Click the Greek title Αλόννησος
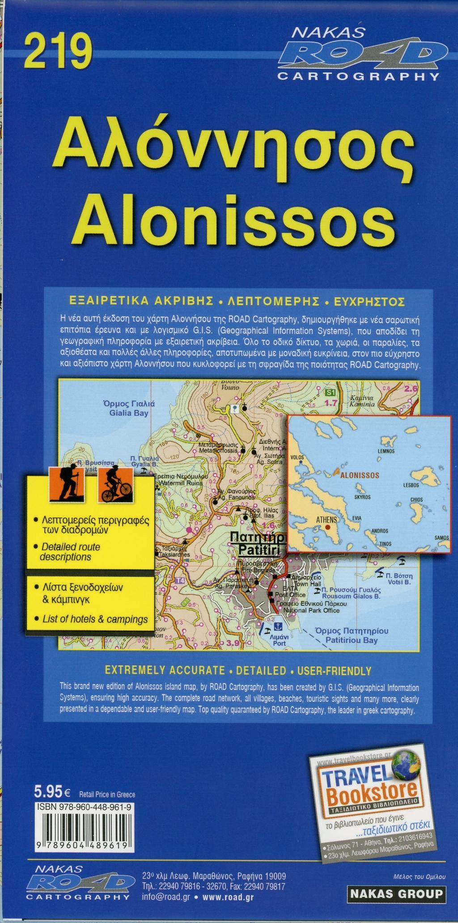coord(233,149)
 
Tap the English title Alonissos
coord(233,220)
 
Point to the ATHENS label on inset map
coord(327,520)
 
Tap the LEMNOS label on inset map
coord(386,451)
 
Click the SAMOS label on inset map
coord(441,538)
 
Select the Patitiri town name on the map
coord(257,543)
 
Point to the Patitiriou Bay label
coord(352,636)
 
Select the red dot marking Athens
coord(329,528)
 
